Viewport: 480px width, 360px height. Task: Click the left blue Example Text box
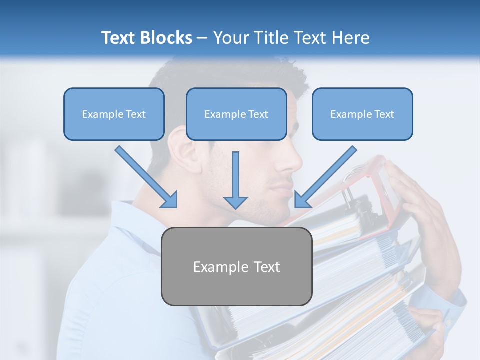click(114, 114)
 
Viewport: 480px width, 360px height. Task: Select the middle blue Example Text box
click(236, 114)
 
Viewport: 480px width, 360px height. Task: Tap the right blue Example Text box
click(362, 114)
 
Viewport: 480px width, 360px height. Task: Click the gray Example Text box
click(236, 266)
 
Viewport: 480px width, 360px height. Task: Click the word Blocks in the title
click(166, 38)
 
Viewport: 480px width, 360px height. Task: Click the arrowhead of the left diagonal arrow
click(170, 199)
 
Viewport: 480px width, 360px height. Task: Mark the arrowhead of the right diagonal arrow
click(302, 199)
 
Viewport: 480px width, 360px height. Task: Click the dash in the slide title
click(202, 38)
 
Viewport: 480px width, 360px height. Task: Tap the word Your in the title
click(231, 38)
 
